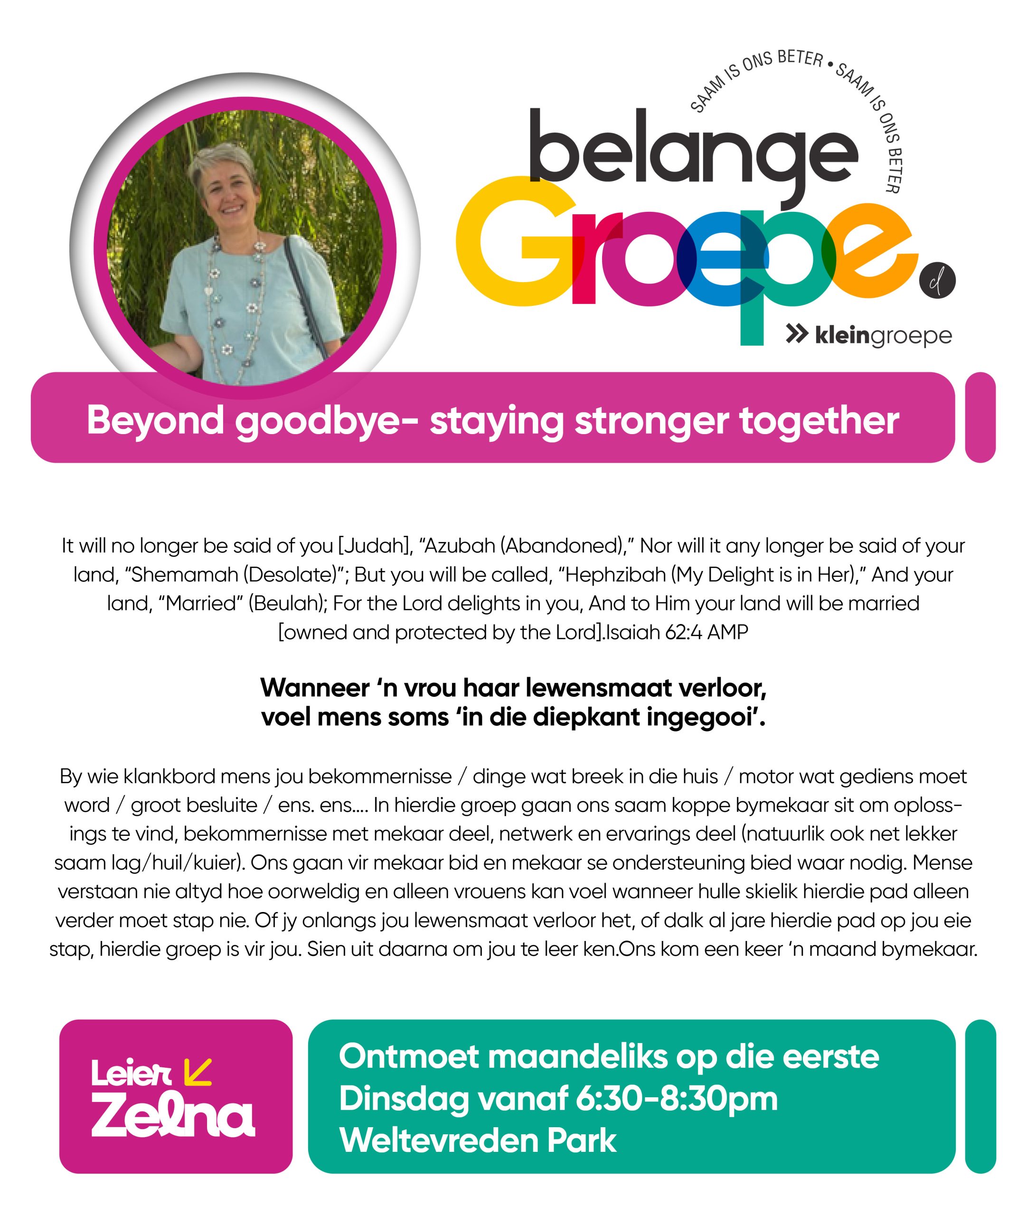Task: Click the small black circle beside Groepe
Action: pos(937,281)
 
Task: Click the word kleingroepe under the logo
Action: pos(883,336)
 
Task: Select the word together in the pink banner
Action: pos(819,420)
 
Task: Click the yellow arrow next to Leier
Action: pos(197,1072)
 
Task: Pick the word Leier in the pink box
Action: pos(131,1073)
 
